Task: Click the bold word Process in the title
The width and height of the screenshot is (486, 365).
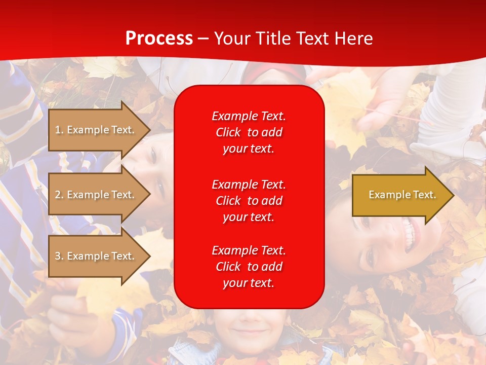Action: [x=159, y=39]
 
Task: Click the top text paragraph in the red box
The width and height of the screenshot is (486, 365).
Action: [x=249, y=132]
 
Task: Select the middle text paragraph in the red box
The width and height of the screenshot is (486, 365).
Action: [x=249, y=201]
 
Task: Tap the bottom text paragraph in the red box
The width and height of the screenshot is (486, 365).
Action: [x=249, y=267]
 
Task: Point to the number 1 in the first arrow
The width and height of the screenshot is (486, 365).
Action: [x=58, y=130]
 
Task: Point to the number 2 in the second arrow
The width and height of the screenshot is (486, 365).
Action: [x=58, y=195]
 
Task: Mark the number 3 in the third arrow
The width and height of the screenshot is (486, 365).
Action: [x=58, y=256]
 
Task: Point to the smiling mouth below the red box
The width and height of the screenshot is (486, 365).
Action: [x=248, y=332]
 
